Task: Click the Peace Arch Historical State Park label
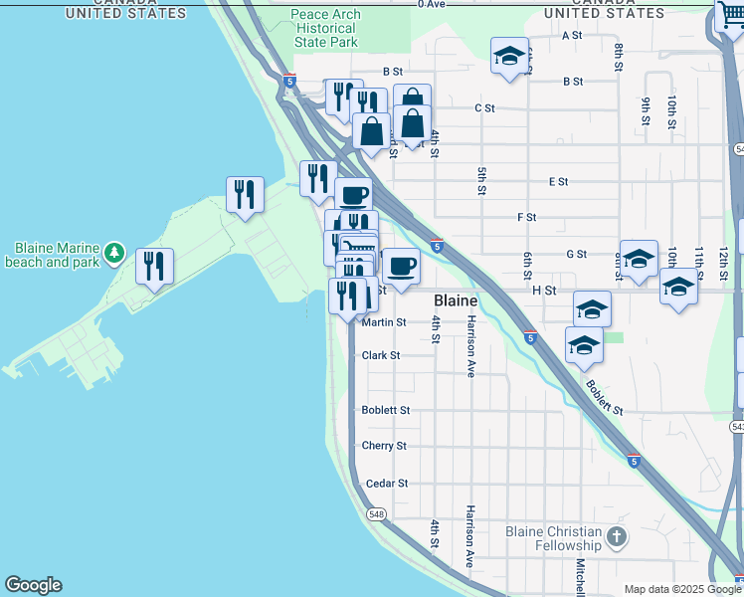coord(325,29)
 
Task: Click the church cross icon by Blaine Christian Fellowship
coord(617,538)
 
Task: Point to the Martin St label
coord(384,322)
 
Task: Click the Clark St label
coord(381,355)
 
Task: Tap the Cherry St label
coord(384,446)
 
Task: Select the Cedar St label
coord(387,484)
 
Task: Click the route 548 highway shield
coord(375,514)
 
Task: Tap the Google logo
coord(33,585)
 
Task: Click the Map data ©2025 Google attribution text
coord(683,589)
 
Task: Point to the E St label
coord(558,182)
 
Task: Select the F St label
coord(526,217)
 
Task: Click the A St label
coord(572,35)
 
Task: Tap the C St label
coord(484,107)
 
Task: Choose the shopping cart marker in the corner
coord(729,15)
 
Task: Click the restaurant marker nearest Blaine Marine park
coord(154,266)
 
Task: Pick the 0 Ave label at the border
coord(431,5)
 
